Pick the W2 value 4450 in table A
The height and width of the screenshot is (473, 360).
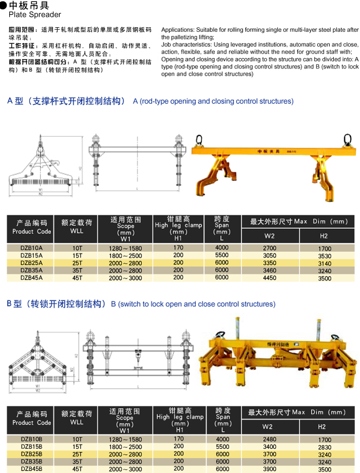point(269,278)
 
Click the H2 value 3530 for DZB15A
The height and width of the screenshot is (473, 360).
point(324,256)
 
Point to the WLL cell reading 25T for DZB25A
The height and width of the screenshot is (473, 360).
point(77,263)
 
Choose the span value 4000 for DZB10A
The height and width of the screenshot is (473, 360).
point(222,248)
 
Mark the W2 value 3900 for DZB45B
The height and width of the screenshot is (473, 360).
point(269,469)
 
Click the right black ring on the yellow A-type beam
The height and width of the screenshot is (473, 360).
point(348,139)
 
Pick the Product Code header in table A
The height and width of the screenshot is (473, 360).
point(32,228)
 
